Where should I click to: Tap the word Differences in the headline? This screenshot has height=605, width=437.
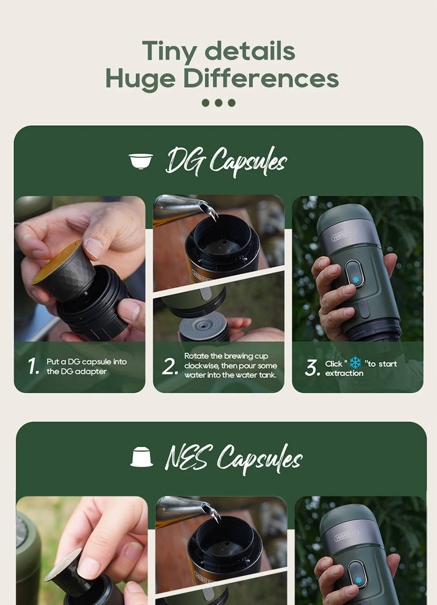coord(260,79)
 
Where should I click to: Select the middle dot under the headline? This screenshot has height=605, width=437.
coord(218,103)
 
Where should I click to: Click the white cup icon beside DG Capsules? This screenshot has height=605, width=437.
coord(141,161)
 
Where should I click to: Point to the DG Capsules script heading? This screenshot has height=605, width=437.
coord(226,161)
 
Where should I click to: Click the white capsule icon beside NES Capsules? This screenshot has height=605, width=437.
coord(141,457)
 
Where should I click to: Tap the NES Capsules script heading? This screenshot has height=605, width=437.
coord(233,458)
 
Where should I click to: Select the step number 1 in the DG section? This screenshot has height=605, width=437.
coord(33,366)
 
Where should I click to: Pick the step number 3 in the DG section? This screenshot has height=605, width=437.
coord(312,368)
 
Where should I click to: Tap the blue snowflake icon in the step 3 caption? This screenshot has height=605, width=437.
coord(355,363)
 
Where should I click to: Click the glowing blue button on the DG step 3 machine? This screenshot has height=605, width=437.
coord(355,280)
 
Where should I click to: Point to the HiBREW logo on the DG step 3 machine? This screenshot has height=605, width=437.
coord(343,234)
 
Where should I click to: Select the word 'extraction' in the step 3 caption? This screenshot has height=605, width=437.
coord(344,373)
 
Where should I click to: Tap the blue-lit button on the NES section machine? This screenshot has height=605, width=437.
coord(358,579)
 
